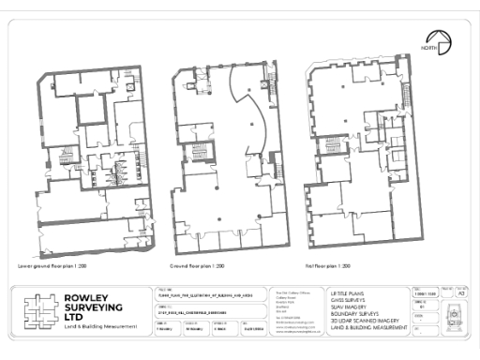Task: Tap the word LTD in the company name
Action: [x=74, y=322]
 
